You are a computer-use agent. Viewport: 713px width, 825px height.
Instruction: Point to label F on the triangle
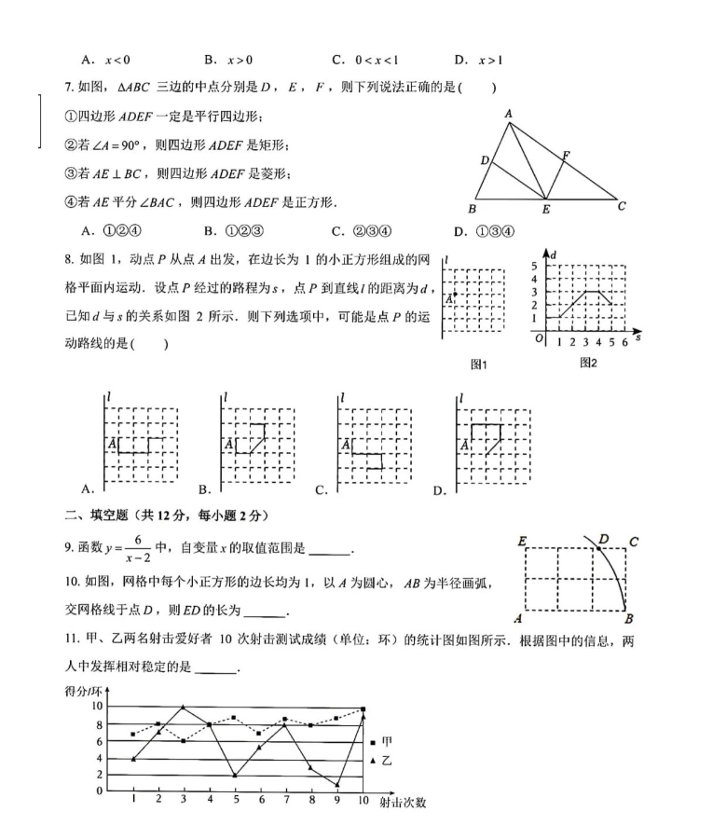(x=566, y=155)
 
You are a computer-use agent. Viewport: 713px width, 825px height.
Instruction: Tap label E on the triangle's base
(x=546, y=210)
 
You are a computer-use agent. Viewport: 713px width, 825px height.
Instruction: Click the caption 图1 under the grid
(x=479, y=364)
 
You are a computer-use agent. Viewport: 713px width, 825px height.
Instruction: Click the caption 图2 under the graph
(x=588, y=362)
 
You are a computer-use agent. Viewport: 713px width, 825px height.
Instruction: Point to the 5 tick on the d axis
(x=535, y=266)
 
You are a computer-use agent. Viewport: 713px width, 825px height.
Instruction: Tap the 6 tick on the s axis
(x=624, y=342)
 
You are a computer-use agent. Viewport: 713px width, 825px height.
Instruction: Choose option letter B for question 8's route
(x=203, y=489)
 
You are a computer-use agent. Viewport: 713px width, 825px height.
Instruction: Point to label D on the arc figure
(x=604, y=539)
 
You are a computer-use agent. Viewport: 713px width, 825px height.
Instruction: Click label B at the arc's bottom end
(x=629, y=618)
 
